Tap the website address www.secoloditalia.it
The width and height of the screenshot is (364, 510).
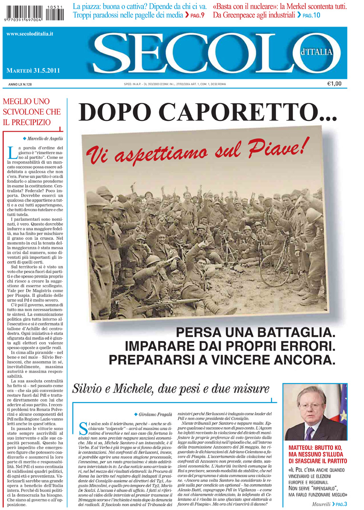(x=30, y=34)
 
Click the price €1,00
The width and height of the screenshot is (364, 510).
(x=347, y=84)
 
